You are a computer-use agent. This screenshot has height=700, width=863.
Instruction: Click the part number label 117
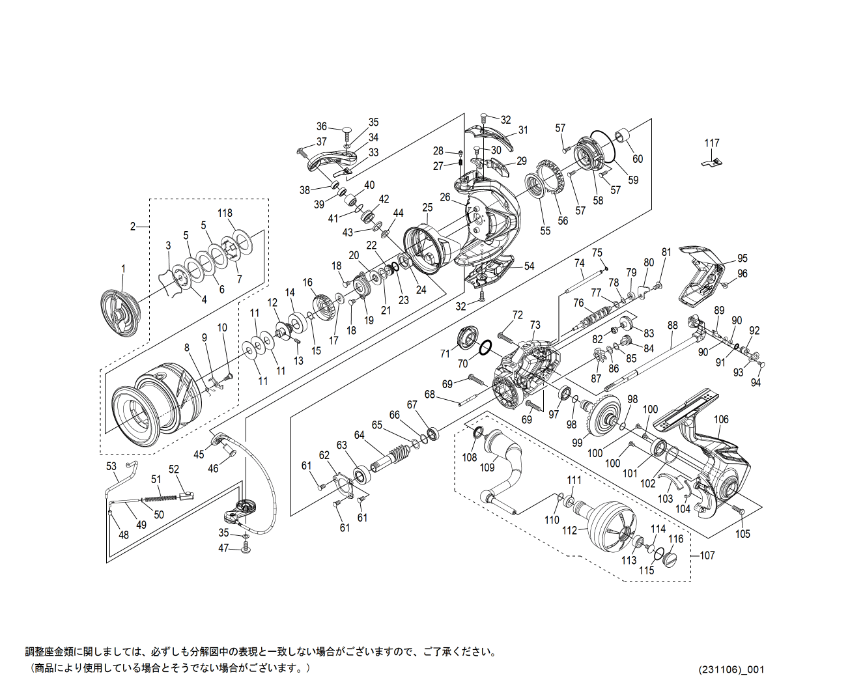[711, 143]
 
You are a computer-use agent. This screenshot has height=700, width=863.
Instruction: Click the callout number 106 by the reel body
[721, 419]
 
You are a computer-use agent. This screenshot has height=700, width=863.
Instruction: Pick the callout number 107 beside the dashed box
[707, 555]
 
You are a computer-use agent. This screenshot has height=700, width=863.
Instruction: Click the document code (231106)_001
[731, 669]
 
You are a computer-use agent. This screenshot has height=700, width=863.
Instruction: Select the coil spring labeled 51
[160, 498]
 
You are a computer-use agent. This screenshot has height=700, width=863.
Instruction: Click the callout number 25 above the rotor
[427, 208]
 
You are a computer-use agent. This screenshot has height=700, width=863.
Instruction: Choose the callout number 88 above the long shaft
[672, 325]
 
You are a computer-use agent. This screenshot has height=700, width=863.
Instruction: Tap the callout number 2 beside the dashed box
[133, 227]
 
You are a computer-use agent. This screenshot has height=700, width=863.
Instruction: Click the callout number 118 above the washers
[225, 213]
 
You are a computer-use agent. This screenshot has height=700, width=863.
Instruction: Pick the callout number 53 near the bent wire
[111, 466]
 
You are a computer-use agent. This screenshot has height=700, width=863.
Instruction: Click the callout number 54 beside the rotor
[529, 266]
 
